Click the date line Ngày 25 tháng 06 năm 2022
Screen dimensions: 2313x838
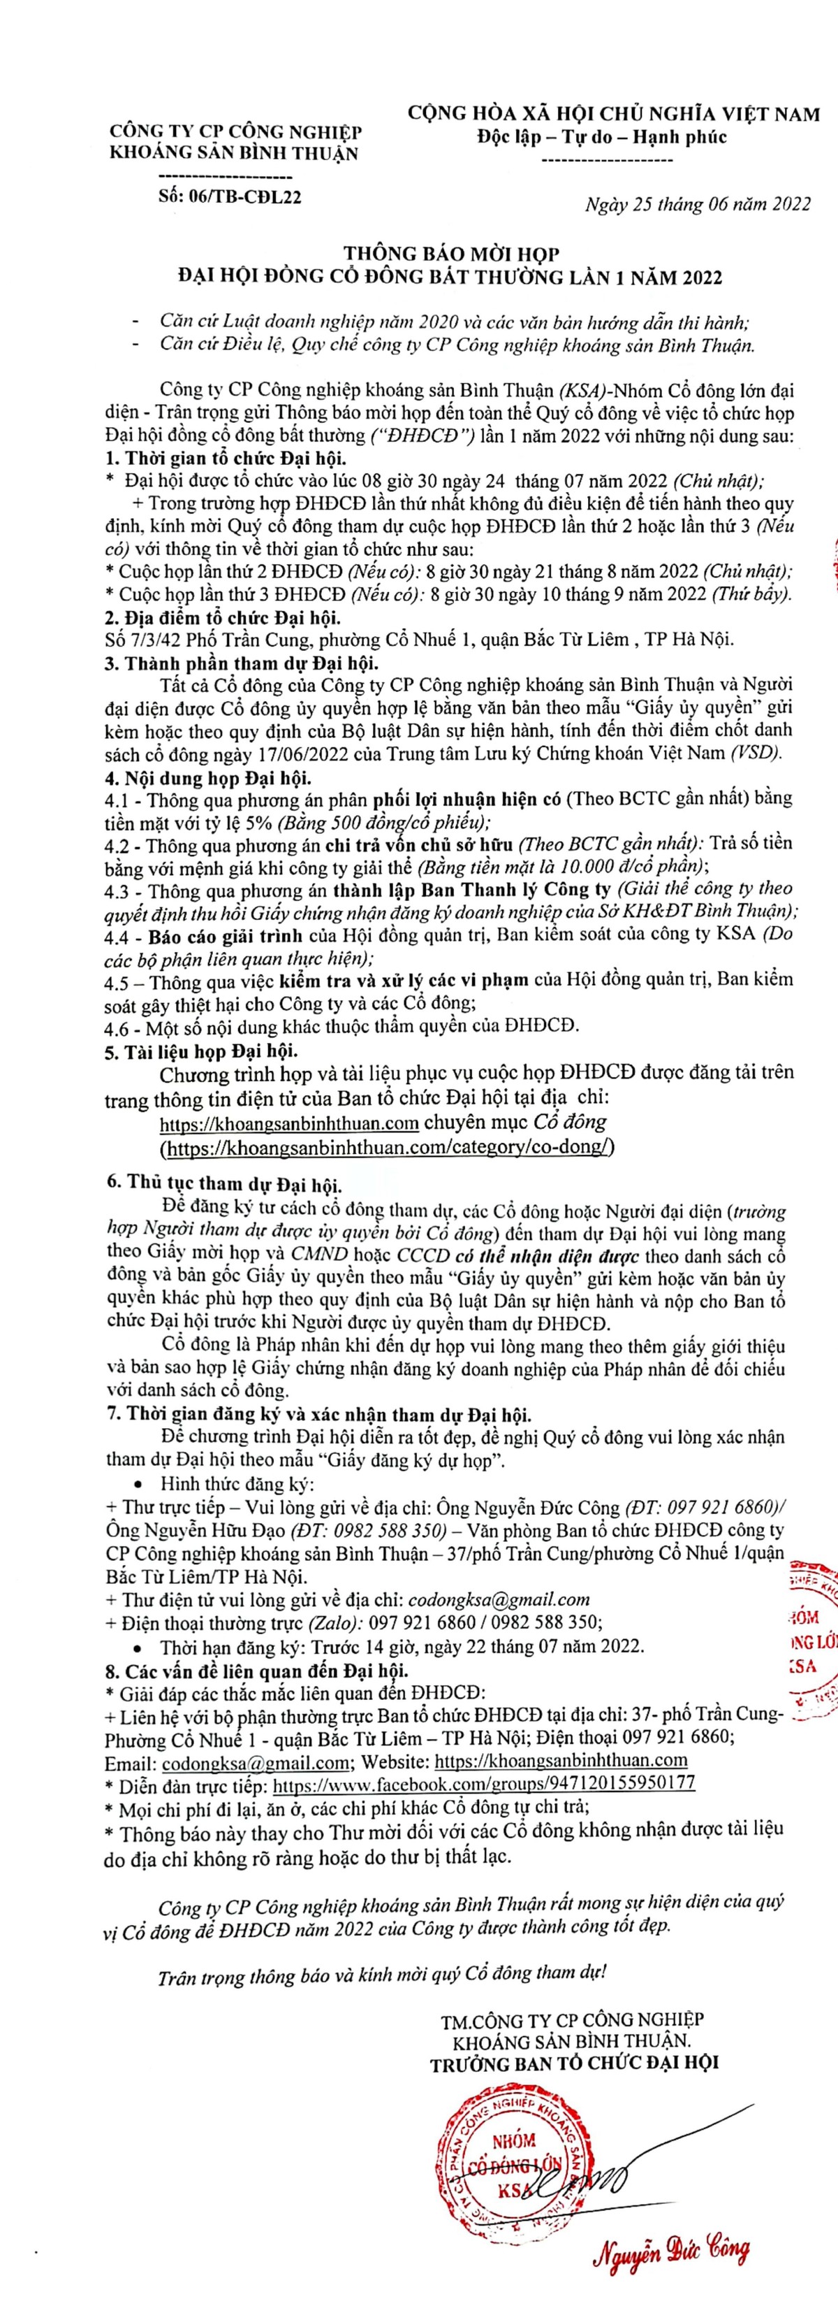point(697,204)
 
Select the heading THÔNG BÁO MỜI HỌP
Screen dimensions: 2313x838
point(453,256)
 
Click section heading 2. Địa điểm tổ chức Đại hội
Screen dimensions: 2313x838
point(223,618)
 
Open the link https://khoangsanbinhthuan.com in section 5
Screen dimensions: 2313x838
point(290,1123)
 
